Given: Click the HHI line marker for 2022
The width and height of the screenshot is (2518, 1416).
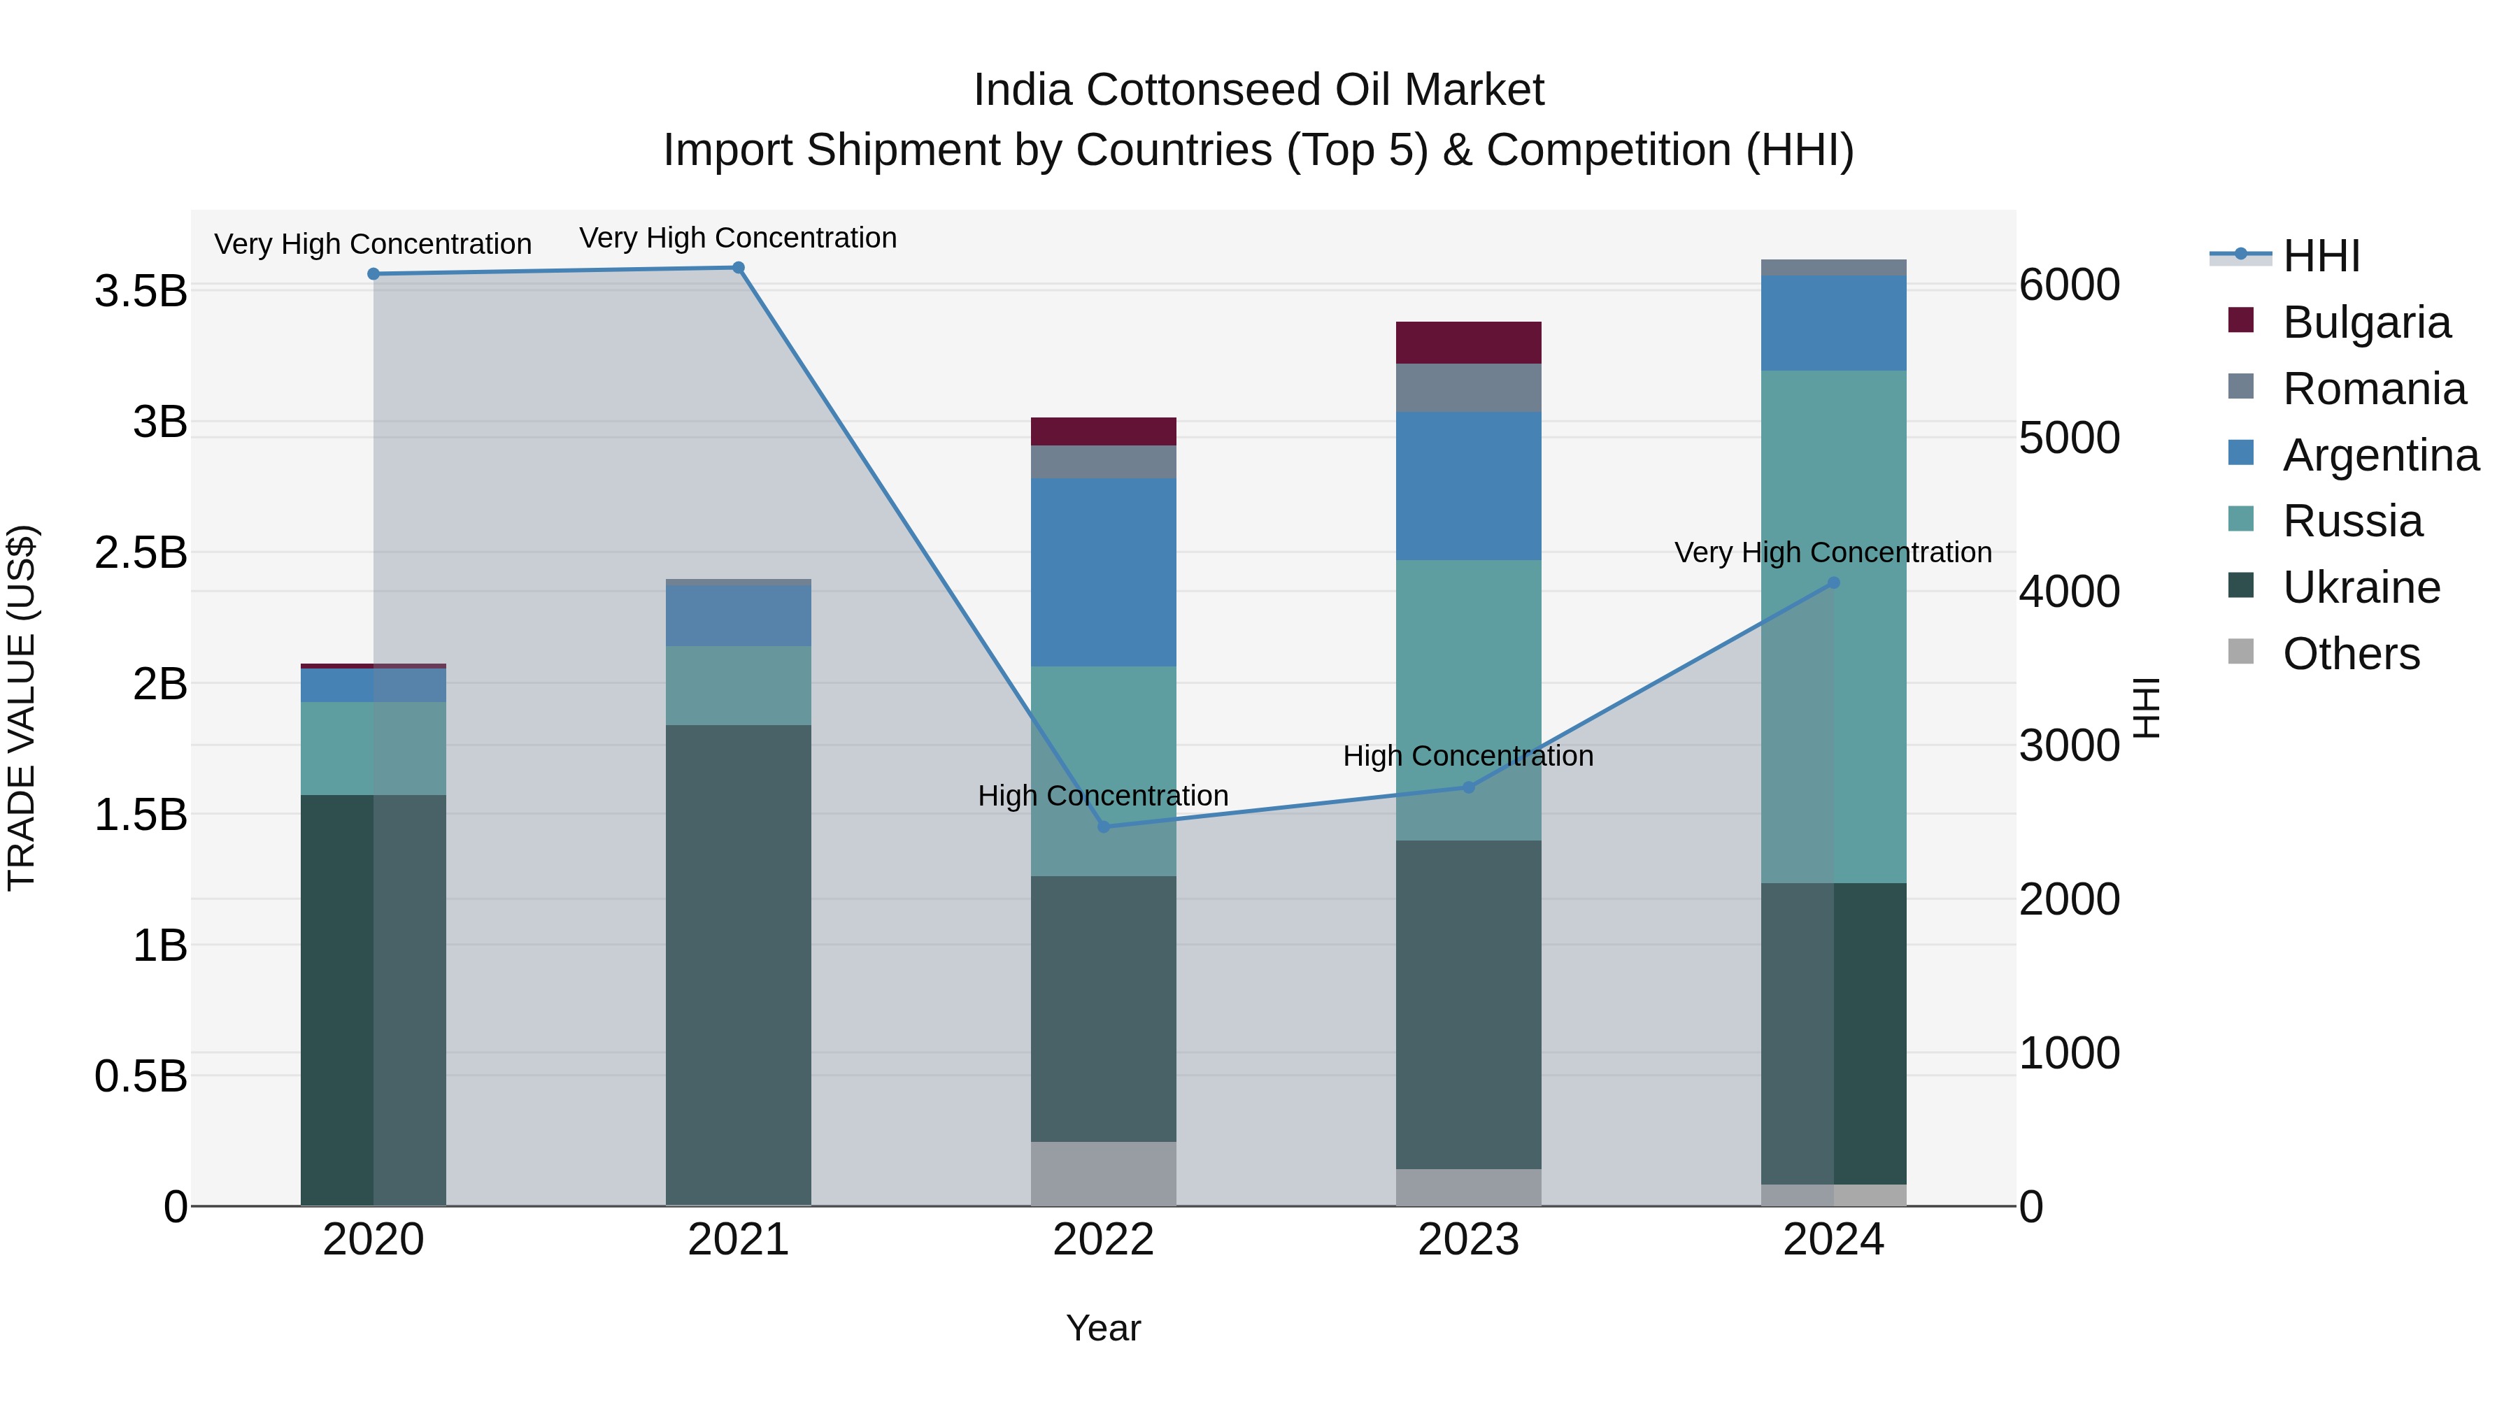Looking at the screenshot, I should (x=1104, y=827).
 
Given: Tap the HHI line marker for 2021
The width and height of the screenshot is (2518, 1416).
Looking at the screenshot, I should (x=738, y=268).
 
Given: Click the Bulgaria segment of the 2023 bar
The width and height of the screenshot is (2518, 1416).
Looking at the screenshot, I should (x=1468, y=342).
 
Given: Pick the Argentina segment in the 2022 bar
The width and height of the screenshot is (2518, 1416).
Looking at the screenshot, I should (x=1104, y=572).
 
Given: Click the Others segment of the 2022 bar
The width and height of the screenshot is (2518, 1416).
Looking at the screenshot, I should (x=1104, y=1173).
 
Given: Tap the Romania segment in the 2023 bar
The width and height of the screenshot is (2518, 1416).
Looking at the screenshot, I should (x=1468, y=387).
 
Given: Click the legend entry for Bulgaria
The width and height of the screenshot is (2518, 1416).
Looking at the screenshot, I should (x=2366, y=322).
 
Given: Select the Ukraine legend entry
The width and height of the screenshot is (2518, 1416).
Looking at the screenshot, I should (x=2361, y=587).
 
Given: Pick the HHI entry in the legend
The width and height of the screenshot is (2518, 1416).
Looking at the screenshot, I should (x=2321, y=256).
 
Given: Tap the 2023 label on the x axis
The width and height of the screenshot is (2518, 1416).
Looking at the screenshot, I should (x=1468, y=1239).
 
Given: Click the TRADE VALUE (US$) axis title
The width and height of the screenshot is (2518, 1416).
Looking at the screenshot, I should (x=22, y=708).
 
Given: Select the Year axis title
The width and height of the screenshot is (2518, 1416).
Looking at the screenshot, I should (x=1104, y=1328).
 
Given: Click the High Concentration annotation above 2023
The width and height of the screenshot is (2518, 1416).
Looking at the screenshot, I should (x=1468, y=755).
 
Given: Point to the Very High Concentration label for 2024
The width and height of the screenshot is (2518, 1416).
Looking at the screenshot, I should (x=1833, y=552).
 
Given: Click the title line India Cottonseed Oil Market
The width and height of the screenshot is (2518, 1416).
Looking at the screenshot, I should (x=1258, y=90).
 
